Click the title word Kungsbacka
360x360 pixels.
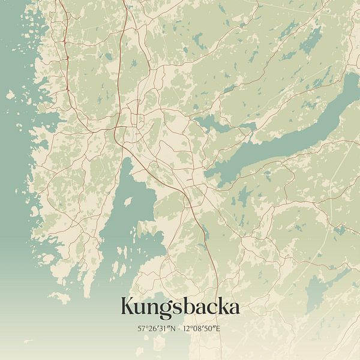(x=180, y=307)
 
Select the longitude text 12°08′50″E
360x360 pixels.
(x=203, y=328)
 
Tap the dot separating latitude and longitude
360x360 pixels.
(x=180, y=328)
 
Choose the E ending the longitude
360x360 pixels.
(x=220, y=328)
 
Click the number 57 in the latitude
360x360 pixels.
(x=140, y=328)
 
